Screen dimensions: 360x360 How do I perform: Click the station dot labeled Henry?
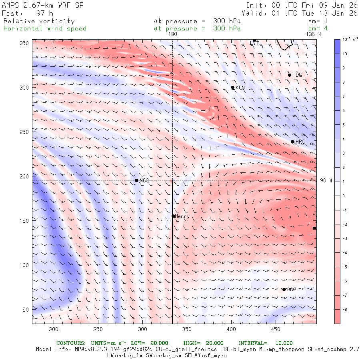click(173, 216)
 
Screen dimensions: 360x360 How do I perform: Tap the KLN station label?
click(240, 88)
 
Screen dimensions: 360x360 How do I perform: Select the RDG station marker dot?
click(290, 75)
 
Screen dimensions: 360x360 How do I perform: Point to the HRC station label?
click(300, 142)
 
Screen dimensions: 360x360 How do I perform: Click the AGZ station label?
click(292, 290)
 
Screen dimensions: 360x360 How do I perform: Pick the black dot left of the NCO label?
click(137, 180)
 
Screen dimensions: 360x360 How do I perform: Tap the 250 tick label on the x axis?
click(98, 329)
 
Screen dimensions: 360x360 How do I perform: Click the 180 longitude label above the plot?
click(172, 34)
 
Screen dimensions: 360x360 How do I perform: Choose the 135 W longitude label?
click(313, 34)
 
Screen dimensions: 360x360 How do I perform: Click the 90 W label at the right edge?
click(326, 181)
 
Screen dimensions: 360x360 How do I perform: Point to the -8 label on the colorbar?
click(345, 310)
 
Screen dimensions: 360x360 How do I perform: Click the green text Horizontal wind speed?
click(45, 28)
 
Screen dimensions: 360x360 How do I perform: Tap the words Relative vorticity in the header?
click(39, 21)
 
